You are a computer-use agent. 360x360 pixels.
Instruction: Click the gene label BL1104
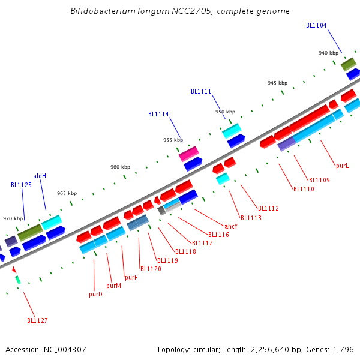tap(316, 25)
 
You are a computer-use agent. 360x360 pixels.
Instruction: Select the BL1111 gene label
tap(201, 91)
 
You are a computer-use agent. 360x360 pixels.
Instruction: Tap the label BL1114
tap(158, 114)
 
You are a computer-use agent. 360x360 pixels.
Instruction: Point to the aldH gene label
tap(40, 176)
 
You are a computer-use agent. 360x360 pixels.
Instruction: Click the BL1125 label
tap(21, 185)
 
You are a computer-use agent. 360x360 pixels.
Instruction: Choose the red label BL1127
tap(37, 320)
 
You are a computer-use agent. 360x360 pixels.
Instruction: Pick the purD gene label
tap(95, 294)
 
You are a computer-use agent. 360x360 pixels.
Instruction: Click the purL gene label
tap(342, 165)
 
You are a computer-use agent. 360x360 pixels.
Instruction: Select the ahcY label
tap(231, 226)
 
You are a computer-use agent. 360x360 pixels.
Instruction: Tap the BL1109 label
tap(319, 180)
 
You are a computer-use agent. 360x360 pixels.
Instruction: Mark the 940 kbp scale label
tap(328, 53)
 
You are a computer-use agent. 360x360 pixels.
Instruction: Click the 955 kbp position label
tap(173, 140)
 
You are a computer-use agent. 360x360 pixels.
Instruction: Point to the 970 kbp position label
tap(13, 218)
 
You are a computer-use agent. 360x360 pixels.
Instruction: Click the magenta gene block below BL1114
tap(188, 154)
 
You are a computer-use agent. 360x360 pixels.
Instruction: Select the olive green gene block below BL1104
tap(349, 63)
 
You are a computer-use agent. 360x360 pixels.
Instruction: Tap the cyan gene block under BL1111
tap(232, 130)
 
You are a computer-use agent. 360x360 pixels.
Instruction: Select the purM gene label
tap(114, 286)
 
